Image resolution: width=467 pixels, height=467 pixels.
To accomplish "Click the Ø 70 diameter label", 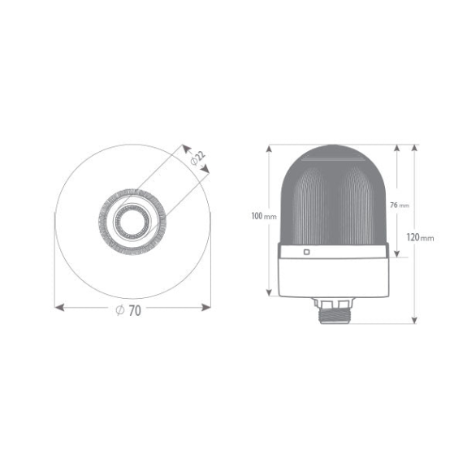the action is coord(128,310).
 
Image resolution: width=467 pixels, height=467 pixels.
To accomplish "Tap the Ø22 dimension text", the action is coord(198,158).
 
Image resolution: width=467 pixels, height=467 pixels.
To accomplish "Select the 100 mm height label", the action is coord(264,216).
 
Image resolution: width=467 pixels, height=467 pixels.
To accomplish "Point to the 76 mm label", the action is coord(400,205).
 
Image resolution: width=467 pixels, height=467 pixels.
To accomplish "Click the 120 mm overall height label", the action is coord(420,238).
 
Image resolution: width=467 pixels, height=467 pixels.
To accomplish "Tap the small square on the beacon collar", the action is coord(306,252).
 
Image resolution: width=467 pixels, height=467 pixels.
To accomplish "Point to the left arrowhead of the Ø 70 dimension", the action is coord(59,307).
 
